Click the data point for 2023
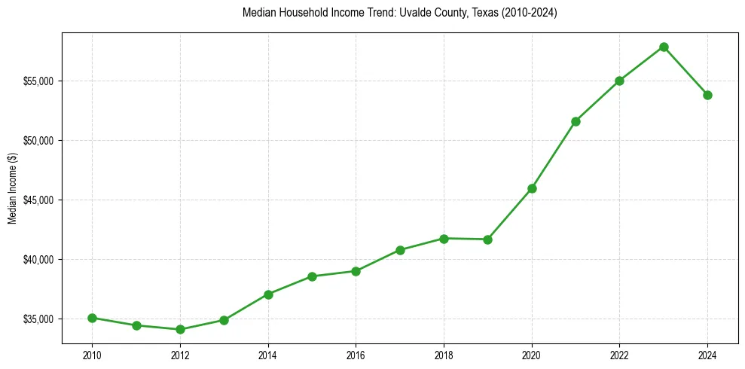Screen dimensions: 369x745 [x=664, y=47]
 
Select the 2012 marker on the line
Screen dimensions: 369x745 [x=180, y=329]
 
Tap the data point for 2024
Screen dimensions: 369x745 [x=707, y=95]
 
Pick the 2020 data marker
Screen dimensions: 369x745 [x=532, y=188]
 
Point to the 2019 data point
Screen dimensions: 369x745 [x=487, y=239]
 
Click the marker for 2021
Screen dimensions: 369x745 [x=576, y=121]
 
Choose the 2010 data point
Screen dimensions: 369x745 [x=92, y=318]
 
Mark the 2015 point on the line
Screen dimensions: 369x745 [x=312, y=276]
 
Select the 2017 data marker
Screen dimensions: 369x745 [x=400, y=250]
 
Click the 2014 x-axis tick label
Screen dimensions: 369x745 [x=267, y=354]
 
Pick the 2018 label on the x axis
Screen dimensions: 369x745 [x=444, y=354]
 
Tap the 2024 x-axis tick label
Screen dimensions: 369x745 [x=707, y=354]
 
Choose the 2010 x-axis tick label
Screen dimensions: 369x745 [x=92, y=354]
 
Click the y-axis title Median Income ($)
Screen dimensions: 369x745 [x=12, y=188]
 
